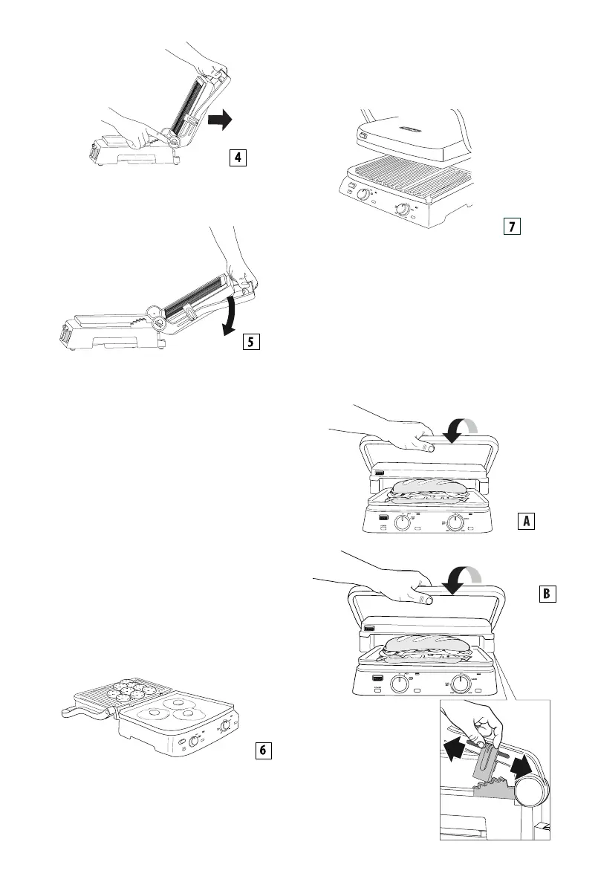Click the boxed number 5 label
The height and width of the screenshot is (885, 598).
point(252,342)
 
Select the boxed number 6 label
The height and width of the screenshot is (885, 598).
point(262,751)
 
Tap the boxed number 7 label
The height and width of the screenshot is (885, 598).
point(512,227)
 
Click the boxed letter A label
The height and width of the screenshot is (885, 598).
point(526,521)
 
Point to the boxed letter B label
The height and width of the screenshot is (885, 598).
point(546,594)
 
